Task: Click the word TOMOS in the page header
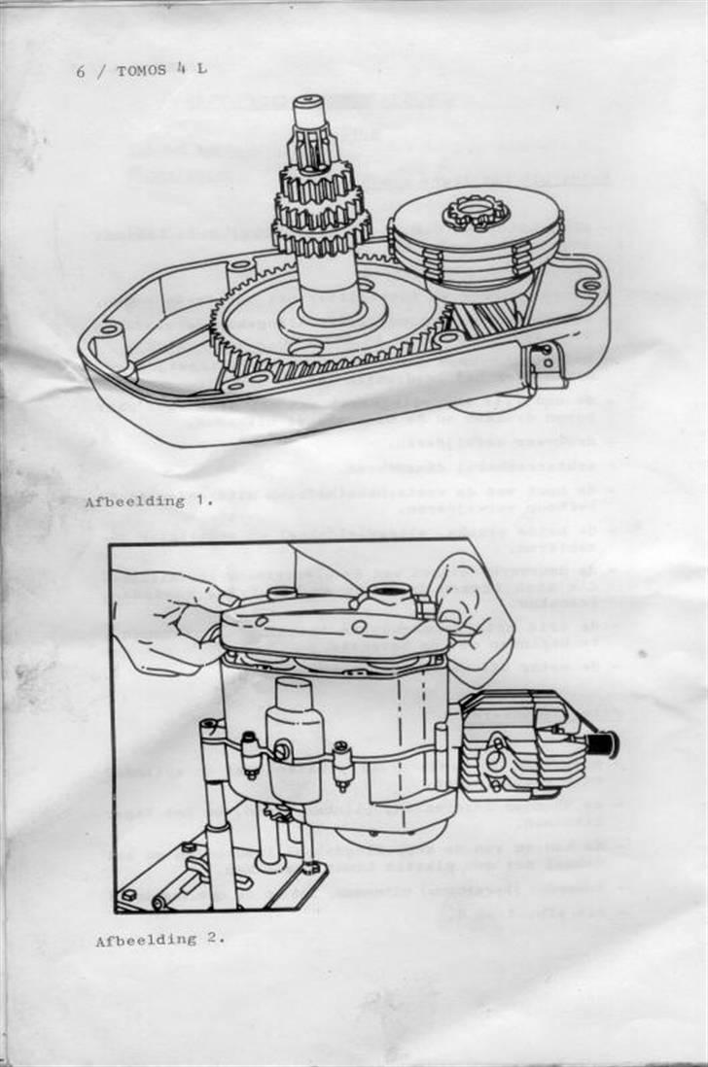click(144, 70)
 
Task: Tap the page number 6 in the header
click(82, 71)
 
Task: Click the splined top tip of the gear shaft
click(308, 109)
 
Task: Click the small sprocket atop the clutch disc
click(472, 211)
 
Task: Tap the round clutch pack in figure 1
click(477, 243)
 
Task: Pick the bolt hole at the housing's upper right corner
click(586, 288)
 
